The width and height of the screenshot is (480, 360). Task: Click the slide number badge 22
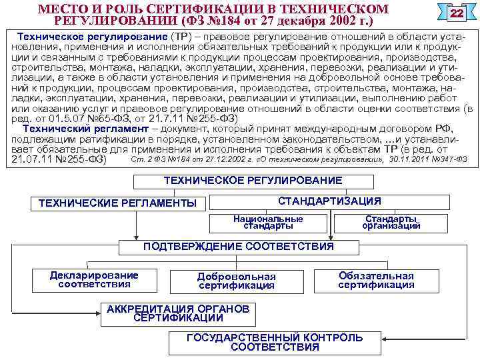pos(456,14)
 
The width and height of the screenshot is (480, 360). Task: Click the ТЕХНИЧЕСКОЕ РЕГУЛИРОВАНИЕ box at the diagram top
pos(253,181)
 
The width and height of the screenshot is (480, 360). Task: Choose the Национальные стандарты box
pos(268,222)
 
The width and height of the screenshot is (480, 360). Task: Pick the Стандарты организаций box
pos(391,222)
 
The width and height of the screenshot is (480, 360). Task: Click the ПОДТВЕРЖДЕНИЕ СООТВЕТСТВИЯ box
pos(239,247)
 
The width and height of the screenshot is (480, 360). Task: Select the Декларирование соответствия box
pos(94,280)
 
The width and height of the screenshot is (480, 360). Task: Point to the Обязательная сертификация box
pos(376,280)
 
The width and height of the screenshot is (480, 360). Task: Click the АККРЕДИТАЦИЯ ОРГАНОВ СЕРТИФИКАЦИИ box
pos(178,313)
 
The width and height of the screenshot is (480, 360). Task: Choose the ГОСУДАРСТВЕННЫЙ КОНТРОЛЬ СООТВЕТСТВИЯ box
pos(275,342)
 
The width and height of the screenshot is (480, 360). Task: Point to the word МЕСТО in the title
pos(61,9)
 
